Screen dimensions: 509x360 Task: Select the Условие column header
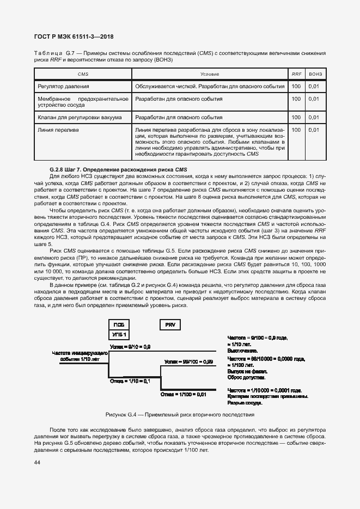click(x=210, y=74)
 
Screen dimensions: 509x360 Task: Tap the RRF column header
click(x=296, y=74)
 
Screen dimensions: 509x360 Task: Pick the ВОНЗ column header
click(x=315, y=74)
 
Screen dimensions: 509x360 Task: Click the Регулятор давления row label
click(x=63, y=86)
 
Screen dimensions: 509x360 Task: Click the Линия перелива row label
click(x=59, y=130)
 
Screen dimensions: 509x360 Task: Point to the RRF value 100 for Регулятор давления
click(x=296, y=86)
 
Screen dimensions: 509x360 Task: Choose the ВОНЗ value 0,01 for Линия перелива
click(x=314, y=130)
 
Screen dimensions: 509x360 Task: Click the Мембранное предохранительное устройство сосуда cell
click(x=83, y=102)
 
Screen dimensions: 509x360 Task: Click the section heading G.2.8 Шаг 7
click(x=118, y=169)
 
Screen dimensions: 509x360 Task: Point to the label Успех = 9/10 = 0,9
click(x=130, y=346)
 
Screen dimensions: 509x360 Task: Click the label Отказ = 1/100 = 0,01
click(x=184, y=394)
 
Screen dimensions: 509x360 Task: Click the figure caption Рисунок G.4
click(x=180, y=414)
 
